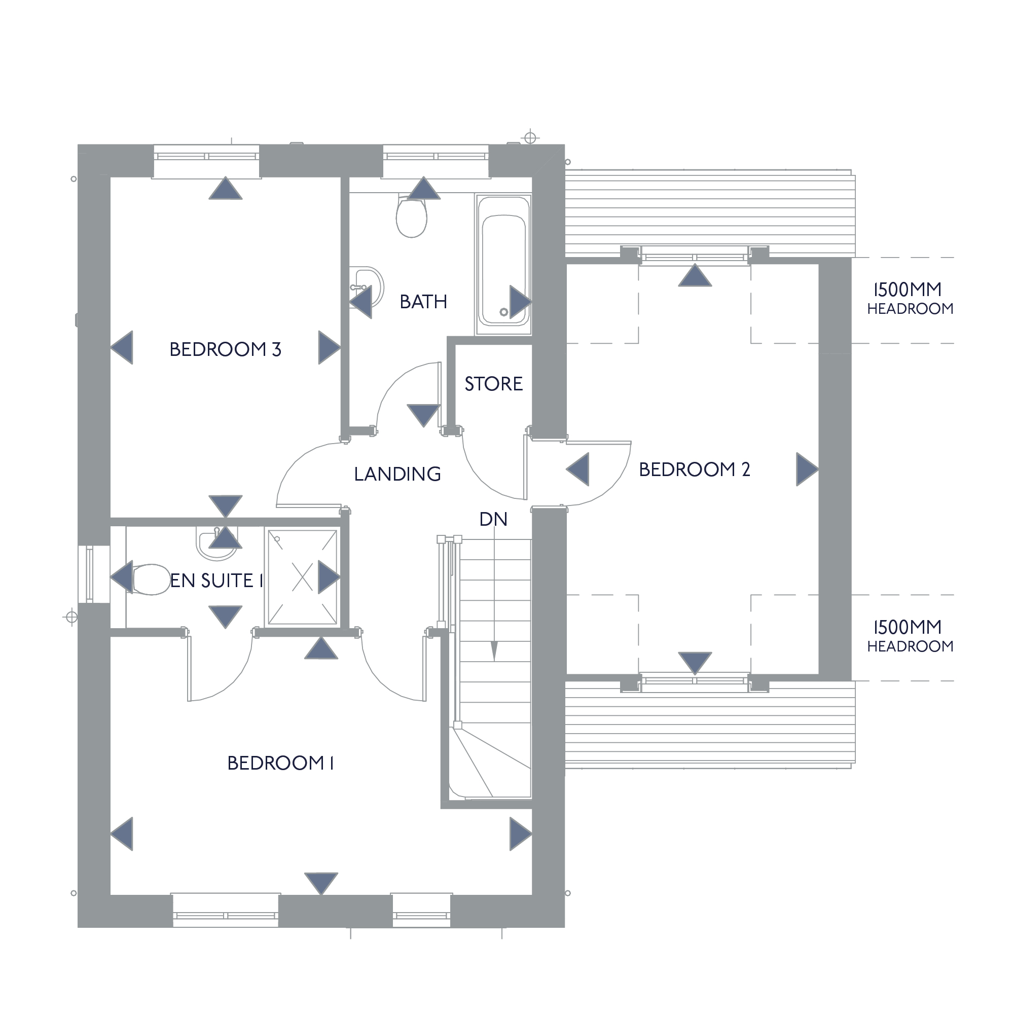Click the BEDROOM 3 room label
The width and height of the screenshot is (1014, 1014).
225,349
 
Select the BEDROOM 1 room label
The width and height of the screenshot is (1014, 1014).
280,763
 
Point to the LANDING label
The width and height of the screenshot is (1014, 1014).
397,474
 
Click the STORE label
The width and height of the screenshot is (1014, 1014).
493,384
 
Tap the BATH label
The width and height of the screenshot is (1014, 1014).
423,302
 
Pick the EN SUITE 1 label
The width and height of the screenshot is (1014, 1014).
216,581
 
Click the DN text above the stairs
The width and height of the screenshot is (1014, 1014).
493,519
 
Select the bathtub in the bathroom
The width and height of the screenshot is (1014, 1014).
504,265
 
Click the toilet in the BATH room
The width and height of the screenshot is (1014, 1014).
412,215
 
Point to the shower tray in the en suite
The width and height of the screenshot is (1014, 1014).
302,577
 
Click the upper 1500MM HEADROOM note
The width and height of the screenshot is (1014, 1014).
910,298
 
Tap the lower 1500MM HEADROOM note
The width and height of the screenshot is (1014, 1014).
910,636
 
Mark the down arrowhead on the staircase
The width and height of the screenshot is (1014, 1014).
494,651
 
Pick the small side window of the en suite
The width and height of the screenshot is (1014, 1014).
89,574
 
